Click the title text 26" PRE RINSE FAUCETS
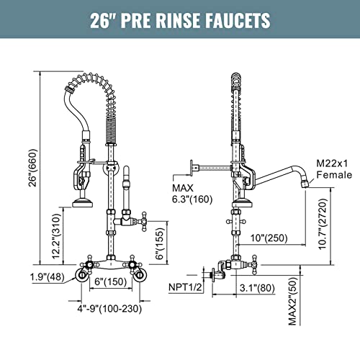click(180, 19)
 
